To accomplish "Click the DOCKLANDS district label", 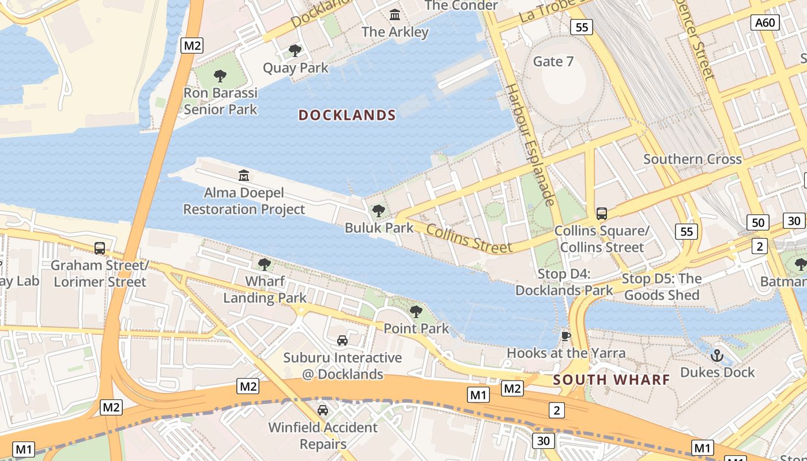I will pyautogui.click(x=347, y=115).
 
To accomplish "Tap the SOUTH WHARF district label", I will pyautogui.click(x=612, y=380).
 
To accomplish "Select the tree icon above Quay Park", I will pyautogui.click(x=295, y=51).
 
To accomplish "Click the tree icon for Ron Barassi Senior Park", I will pyautogui.click(x=220, y=75).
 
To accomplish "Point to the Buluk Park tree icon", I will pyautogui.click(x=379, y=211).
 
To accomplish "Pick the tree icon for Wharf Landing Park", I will pyautogui.click(x=265, y=264).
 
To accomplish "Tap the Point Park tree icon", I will pyautogui.click(x=416, y=312).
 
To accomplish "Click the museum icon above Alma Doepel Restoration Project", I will pyautogui.click(x=244, y=175).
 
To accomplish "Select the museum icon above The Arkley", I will pyautogui.click(x=395, y=14).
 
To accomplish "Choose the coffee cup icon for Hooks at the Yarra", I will pyautogui.click(x=565, y=336).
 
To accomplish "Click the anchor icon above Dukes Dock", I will pyautogui.click(x=717, y=356).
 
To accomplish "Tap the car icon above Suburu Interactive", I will pyautogui.click(x=342, y=341).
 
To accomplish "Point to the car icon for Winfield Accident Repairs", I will pyautogui.click(x=323, y=410).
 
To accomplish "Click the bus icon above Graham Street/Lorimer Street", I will pyautogui.click(x=100, y=248).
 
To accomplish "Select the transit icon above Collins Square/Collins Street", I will pyautogui.click(x=602, y=214).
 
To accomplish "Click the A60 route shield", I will pyautogui.click(x=766, y=22).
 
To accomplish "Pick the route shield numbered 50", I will pyautogui.click(x=759, y=222).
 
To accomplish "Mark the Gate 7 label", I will pyautogui.click(x=553, y=62).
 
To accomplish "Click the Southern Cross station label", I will pyautogui.click(x=692, y=159).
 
